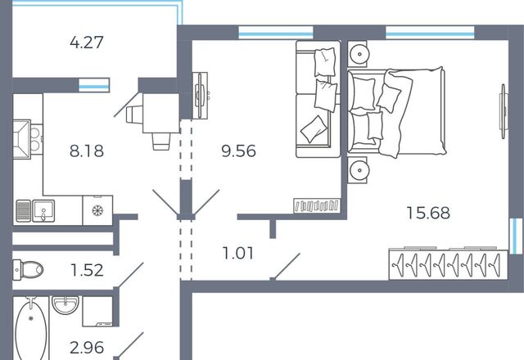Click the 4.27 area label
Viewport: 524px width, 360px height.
coord(87,43)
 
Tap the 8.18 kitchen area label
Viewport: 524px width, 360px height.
coord(87,151)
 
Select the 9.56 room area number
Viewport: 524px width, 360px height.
coord(238,151)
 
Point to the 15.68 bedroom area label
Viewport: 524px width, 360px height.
coord(428,213)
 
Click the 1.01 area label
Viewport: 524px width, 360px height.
coord(238,253)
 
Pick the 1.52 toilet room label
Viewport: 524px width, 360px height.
coord(87,270)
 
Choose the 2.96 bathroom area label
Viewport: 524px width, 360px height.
coord(87,348)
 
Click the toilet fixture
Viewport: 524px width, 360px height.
coord(28,269)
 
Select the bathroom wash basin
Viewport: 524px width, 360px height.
coord(65,305)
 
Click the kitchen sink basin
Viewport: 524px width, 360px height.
coord(43,210)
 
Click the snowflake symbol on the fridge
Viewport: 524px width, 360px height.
coord(97,211)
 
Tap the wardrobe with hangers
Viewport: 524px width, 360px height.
coord(448,264)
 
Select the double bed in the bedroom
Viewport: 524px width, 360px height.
coord(396,111)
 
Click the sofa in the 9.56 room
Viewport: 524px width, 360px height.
coord(318,99)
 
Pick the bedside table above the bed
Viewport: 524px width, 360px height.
coord(357,53)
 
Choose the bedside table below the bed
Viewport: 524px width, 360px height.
coord(357,170)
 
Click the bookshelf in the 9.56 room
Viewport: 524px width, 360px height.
coord(317,205)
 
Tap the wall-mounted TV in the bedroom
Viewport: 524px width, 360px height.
coord(504,111)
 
